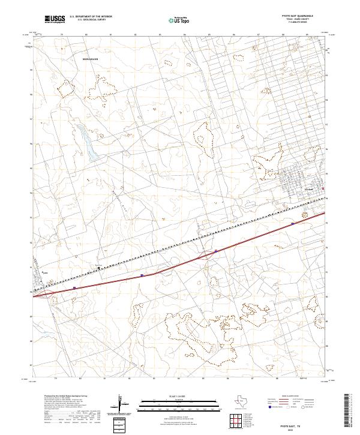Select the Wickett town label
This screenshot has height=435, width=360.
coord(310,190)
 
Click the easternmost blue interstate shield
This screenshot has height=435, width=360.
coord(292,223)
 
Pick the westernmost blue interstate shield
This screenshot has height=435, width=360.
coord(74,288)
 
